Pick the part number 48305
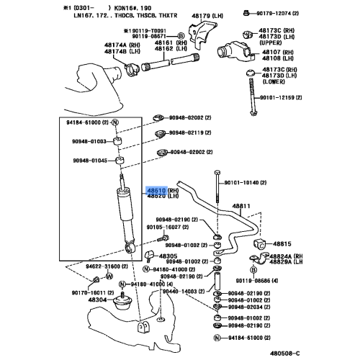(x=168, y=256)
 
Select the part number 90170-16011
(x=85, y=293)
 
